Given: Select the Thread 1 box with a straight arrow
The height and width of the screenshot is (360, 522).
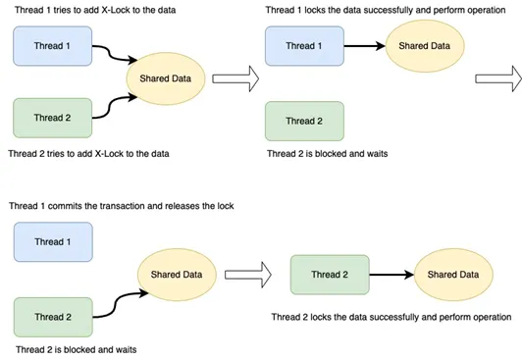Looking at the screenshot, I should pyautogui.click(x=301, y=45).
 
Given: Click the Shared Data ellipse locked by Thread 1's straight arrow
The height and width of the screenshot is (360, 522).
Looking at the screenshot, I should pyautogui.click(x=423, y=45).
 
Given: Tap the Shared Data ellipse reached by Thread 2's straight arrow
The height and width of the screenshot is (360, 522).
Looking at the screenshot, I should pyautogui.click(x=451, y=275).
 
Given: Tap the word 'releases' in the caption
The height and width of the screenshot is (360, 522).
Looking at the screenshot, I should pyautogui.click(x=186, y=206).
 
